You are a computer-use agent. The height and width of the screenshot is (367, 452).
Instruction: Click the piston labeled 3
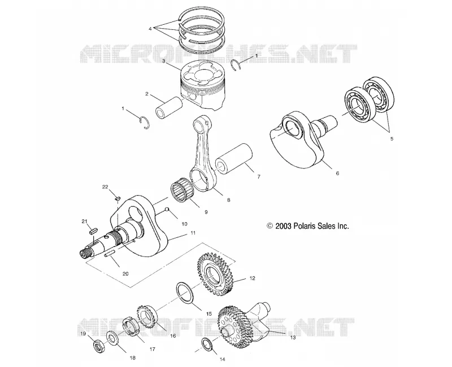(202, 86)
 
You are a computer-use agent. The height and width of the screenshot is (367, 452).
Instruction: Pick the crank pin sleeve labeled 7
(234, 159)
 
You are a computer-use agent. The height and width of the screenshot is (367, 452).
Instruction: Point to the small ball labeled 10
(166, 209)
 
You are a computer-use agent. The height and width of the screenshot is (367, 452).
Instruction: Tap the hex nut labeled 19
(99, 345)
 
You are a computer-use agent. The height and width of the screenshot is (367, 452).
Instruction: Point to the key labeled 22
(118, 198)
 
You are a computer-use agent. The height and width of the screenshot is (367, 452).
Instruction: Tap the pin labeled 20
(110, 253)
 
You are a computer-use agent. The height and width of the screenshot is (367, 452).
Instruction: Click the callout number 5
(392, 139)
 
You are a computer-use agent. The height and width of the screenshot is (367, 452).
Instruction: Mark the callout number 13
(293, 337)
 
